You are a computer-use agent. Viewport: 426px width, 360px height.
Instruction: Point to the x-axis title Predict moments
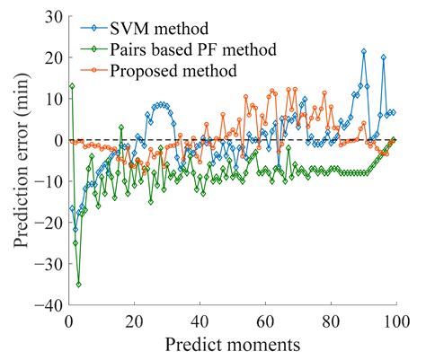[x=232, y=345]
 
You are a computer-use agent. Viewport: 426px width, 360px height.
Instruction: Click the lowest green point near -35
[x=79, y=284]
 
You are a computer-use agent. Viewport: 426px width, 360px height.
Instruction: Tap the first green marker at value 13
[x=72, y=86]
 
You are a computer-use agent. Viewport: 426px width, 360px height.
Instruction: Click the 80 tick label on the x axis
[x=331, y=320]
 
